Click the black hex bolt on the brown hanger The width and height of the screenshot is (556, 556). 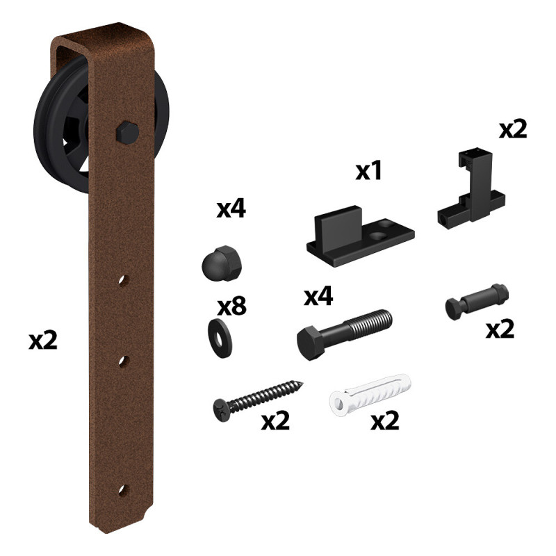[x=128, y=133]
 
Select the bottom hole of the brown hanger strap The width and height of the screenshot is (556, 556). [x=124, y=490]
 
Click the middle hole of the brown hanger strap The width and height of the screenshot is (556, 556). [x=124, y=361]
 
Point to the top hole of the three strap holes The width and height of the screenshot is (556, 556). [x=124, y=280]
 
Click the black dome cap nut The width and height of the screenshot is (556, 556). [x=222, y=263]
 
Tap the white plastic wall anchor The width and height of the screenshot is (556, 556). [x=370, y=395]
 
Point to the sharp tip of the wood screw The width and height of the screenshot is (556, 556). [x=302, y=383]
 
